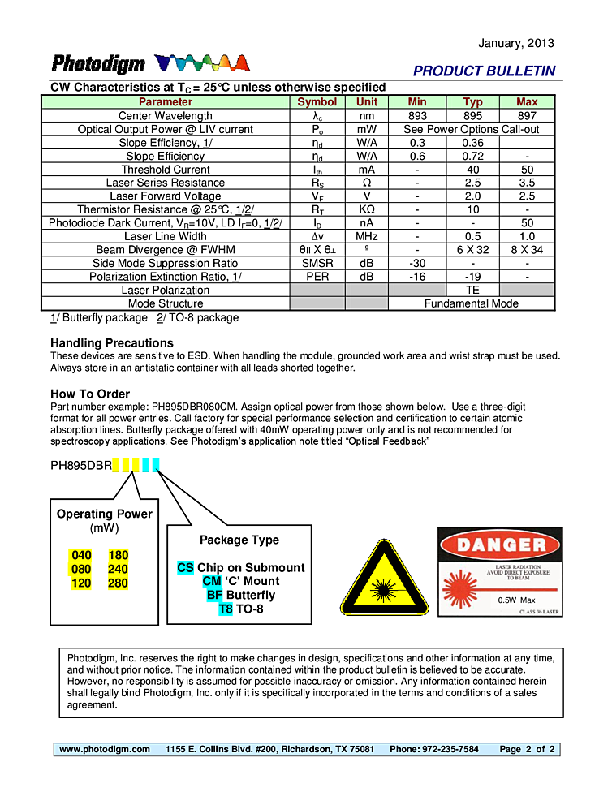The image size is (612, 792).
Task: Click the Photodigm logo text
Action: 98,64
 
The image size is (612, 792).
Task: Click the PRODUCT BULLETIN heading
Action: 484,71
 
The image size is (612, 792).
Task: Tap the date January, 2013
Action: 516,43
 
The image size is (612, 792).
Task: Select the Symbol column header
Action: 317,102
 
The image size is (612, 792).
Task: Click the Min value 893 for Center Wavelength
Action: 417,116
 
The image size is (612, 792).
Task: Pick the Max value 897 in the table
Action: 527,116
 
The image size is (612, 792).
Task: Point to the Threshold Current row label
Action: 166,170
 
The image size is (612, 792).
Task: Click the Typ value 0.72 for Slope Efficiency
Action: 472,156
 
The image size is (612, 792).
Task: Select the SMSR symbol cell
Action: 317,263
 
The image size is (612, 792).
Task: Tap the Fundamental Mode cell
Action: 472,303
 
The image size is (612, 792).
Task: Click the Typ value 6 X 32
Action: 472,250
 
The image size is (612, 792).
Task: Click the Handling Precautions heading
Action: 112,343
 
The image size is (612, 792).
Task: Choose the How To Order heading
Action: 90,394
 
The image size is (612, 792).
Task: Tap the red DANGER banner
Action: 500,544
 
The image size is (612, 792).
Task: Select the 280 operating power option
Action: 118,583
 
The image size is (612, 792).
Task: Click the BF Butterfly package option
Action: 240,595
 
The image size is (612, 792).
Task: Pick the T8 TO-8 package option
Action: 241,609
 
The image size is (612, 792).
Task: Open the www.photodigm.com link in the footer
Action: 105,749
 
